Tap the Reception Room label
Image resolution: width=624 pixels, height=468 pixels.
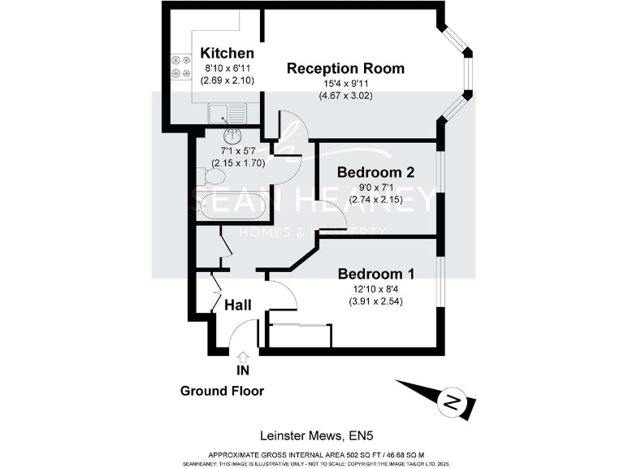(x=345, y=68)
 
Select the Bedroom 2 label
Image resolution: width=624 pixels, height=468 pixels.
(x=376, y=172)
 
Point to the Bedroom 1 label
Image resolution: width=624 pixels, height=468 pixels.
(x=376, y=273)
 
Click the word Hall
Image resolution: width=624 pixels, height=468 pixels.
(x=237, y=305)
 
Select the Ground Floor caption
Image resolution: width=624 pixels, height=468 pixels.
(x=222, y=391)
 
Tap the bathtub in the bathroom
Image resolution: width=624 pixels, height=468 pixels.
(x=232, y=206)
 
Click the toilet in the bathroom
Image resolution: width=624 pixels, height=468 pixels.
(x=211, y=175)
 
